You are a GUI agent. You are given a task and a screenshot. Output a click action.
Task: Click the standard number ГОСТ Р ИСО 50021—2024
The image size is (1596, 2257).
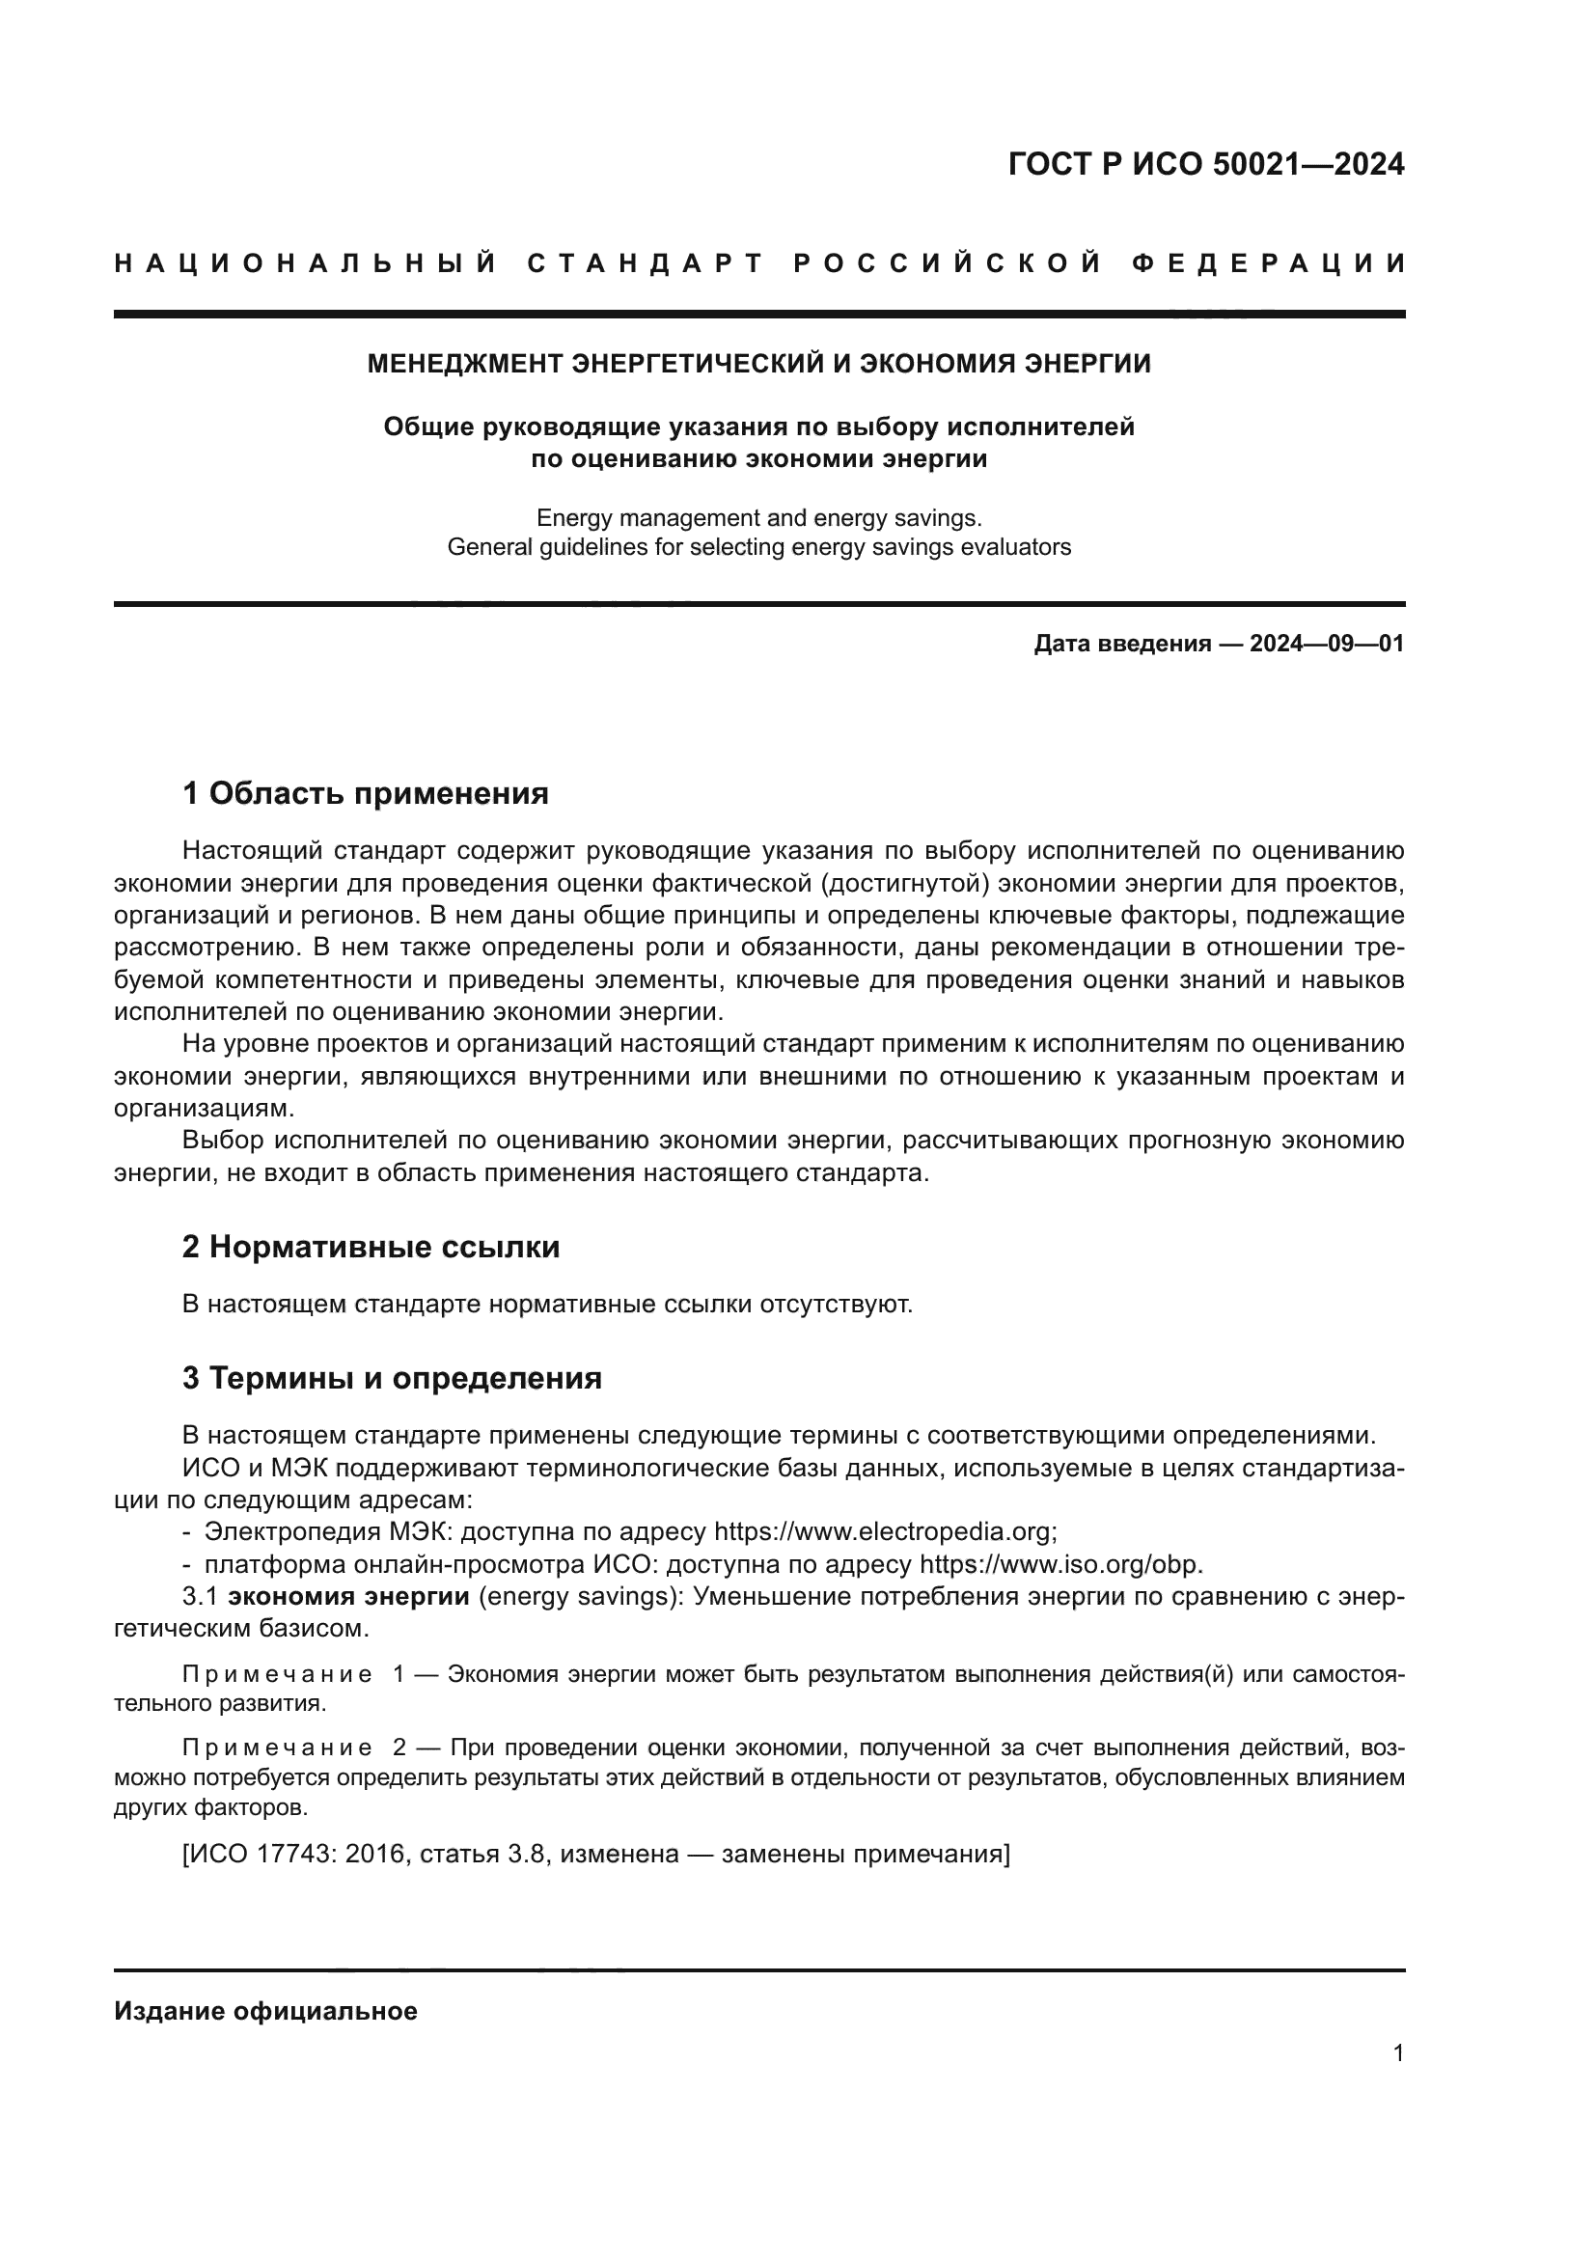[x=1206, y=164]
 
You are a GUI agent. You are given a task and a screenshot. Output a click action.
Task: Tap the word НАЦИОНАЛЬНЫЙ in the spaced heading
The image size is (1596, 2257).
[x=306, y=263]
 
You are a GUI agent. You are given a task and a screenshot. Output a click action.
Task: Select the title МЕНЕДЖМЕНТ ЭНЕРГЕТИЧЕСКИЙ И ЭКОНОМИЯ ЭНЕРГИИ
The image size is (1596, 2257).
[x=758, y=364]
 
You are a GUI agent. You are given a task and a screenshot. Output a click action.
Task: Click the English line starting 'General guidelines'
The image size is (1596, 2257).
[x=758, y=546]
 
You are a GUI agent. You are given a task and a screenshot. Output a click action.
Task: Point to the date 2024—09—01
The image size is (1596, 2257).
[x=1326, y=644]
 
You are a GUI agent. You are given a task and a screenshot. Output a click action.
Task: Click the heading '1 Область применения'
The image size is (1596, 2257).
[x=366, y=793]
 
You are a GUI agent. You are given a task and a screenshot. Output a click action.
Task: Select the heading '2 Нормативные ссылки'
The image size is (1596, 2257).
[x=371, y=1248]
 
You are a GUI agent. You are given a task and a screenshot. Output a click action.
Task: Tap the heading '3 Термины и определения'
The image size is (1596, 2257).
[x=392, y=1378]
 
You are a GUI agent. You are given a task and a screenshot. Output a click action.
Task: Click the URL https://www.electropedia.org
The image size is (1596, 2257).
[x=884, y=1531]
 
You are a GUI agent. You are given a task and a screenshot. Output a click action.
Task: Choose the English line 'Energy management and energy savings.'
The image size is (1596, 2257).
[x=758, y=517]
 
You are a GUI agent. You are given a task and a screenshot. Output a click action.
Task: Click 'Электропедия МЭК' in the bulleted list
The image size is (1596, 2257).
[x=329, y=1531]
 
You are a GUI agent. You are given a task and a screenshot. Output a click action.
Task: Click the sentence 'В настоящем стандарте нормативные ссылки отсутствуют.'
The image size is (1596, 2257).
[x=547, y=1305]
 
